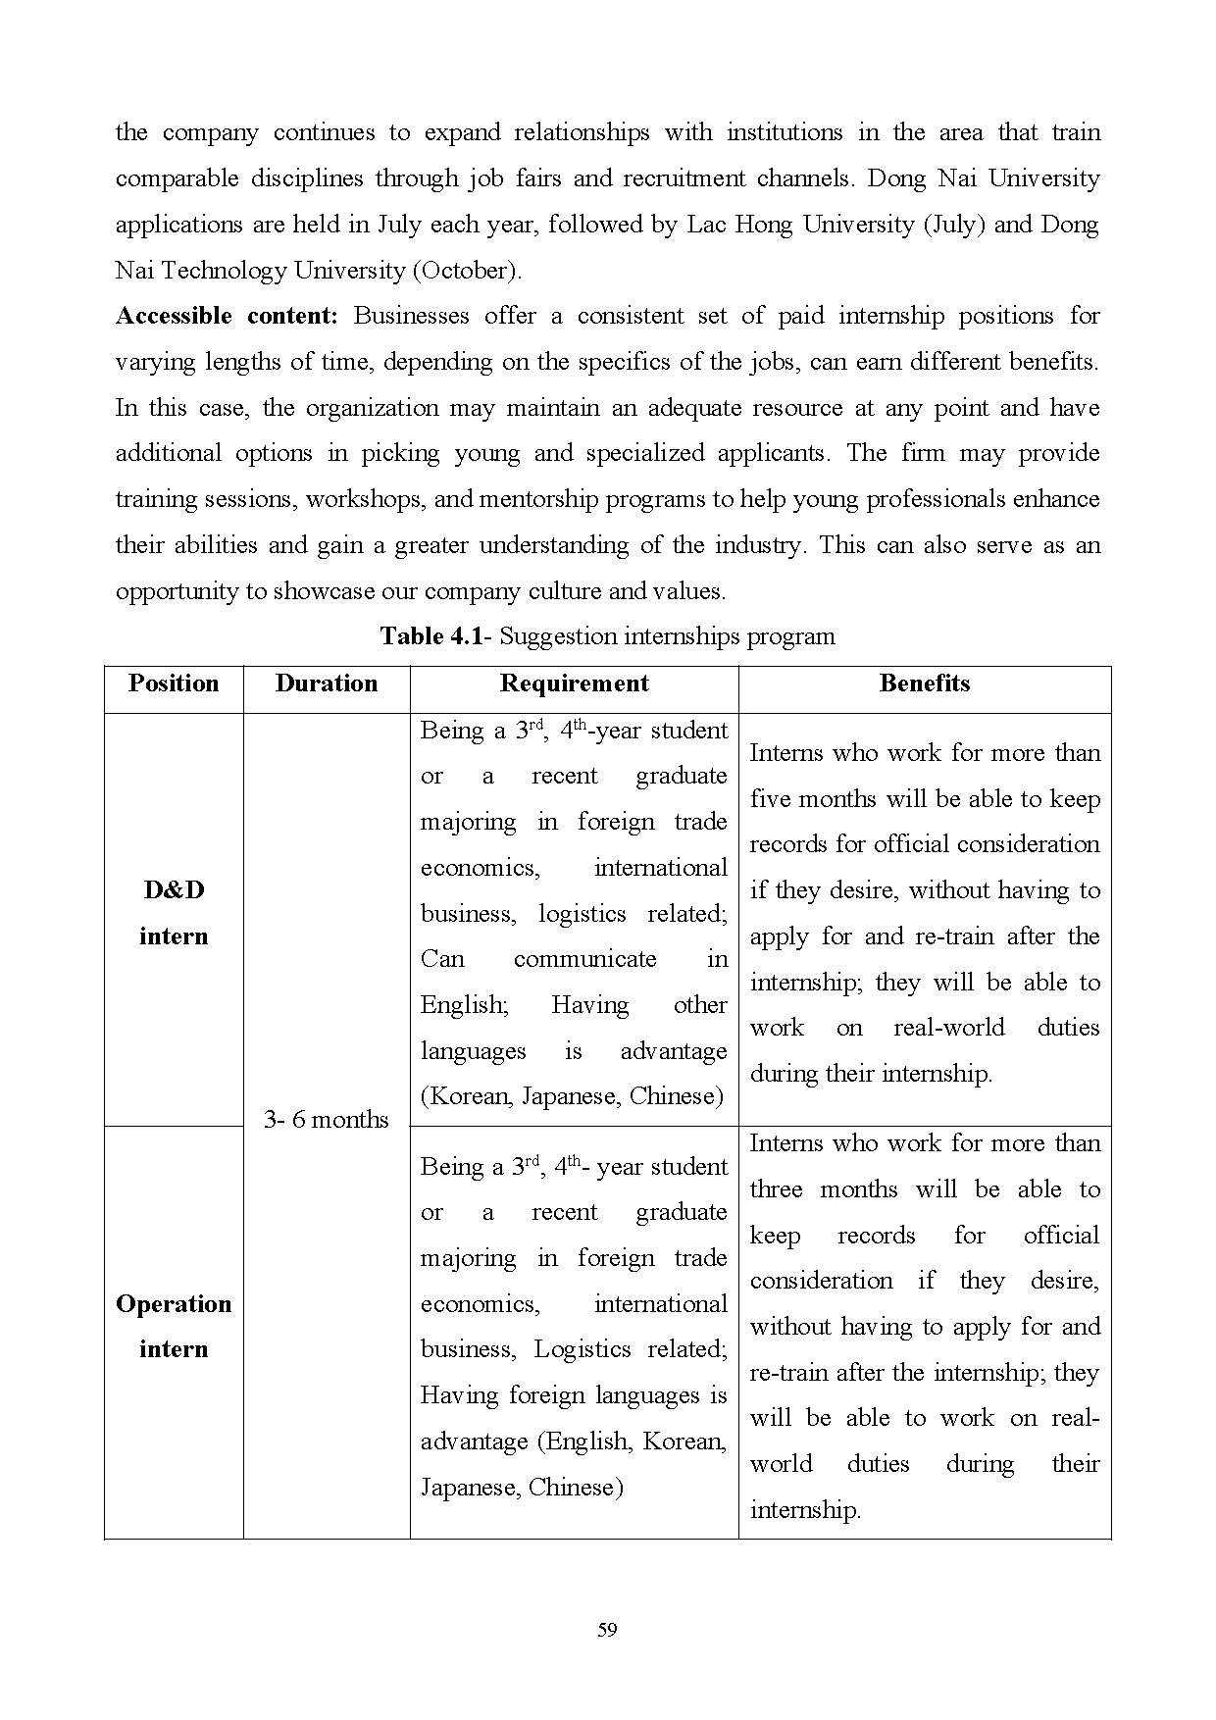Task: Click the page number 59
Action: (607, 1630)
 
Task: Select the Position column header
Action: (174, 683)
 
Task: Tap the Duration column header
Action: (327, 683)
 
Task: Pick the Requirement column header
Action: (574, 683)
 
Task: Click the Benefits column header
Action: (925, 683)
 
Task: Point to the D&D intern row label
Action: (174, 913)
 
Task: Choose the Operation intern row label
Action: (174, 1327)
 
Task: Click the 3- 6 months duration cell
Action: (327, 1119)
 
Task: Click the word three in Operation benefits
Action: (776, 1189)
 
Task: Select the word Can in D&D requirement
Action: (442, 959)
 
